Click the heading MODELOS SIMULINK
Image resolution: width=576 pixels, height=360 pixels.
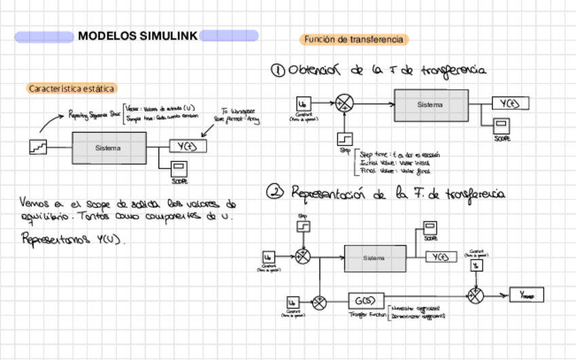click(x=137, y=36)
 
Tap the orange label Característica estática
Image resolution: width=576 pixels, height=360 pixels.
click(x=72, y=88)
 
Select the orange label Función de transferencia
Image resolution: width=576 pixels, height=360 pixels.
click(x=353, y=40)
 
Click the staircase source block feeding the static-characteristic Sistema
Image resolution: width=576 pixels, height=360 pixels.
click(x=38, y=146)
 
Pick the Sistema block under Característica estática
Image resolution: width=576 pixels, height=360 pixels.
click(x=108, y=147)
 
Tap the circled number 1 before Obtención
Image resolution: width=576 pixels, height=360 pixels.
click(x=277, y=71)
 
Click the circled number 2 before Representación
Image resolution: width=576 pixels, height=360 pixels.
click(x=275, y=193)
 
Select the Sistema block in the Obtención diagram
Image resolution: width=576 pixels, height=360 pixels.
click(x=429, y=105)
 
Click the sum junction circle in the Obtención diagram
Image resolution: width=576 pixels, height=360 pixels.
click(x=346, y=104)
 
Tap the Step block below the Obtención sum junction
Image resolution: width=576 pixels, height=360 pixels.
click(x=345, y=139)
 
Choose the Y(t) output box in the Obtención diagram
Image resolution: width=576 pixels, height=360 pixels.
click(x=510, y=104)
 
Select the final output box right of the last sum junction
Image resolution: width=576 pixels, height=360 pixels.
click(x=526, y=295)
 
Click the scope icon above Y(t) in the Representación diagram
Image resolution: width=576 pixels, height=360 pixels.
click(x=430, y=228)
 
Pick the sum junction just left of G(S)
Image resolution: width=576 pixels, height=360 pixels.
click(x=319, y=300)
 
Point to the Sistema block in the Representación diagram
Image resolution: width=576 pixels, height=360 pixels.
click(x=374, y=258)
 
